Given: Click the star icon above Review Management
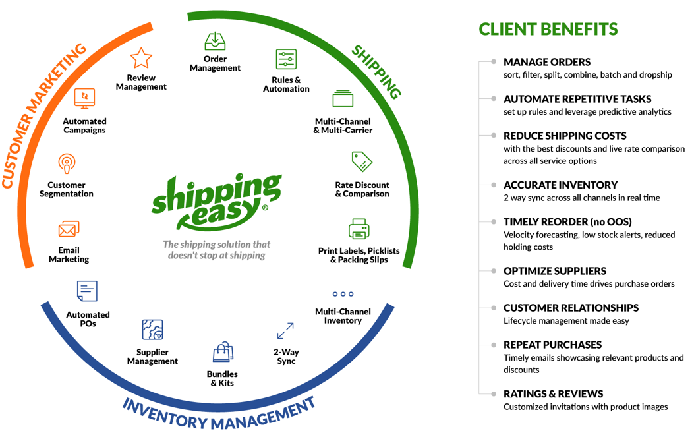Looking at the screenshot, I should tap(141, 59).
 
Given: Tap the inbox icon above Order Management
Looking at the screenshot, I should tap(215, 42).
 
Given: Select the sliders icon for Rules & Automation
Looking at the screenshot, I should tap(286, 59).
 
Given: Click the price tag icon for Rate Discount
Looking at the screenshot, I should tap(362, 161).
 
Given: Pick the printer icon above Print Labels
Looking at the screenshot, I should tap(359, 229).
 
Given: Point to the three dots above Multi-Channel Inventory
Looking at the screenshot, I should tap(343, 294).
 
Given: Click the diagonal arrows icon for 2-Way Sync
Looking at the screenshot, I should tap(285, 331).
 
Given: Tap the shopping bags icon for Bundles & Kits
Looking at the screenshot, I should tap(223, 353).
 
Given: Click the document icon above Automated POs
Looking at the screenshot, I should tap(87, 291).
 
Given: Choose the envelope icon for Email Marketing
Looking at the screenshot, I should tap(69, 229).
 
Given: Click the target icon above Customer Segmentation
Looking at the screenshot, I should tap(66, 163).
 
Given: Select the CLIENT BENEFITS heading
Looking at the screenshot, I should tap(548, 29).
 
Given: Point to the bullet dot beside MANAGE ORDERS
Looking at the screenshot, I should tap(494, 62).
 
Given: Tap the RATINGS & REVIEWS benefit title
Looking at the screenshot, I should tap(553, 394).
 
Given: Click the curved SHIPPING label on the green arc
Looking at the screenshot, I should tap(375, 72).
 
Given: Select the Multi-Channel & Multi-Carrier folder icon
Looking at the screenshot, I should tap(343, 99).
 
